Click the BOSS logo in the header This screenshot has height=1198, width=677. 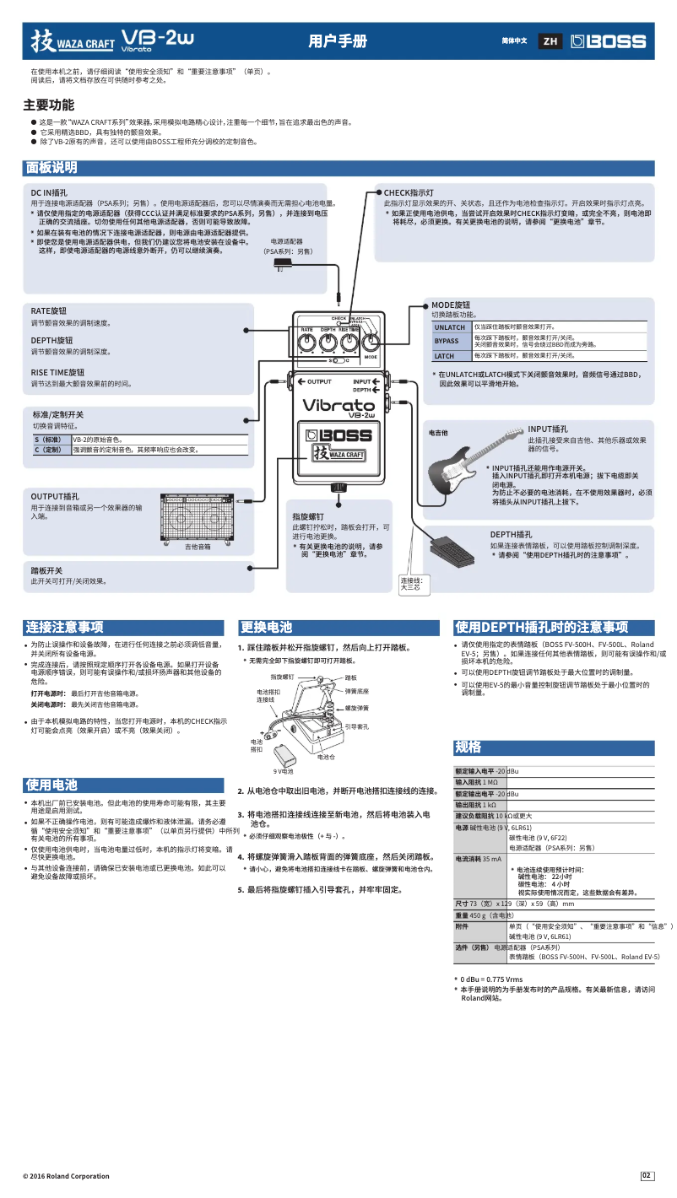pos(608,41)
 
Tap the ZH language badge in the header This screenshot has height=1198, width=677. pos(550,41)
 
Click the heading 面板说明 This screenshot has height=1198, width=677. pos(52,168)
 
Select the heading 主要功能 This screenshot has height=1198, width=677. pos(48,105)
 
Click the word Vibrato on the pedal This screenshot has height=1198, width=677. pos(338,405)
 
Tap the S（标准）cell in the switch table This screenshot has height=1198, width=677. pos(48,440)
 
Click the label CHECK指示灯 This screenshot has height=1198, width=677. pos(409,192)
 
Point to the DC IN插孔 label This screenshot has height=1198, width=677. pos(55,192)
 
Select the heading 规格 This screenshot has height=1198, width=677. pos(468,747)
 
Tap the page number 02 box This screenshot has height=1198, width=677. pos(647,1176)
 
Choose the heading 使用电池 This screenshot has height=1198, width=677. pos(51,784)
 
